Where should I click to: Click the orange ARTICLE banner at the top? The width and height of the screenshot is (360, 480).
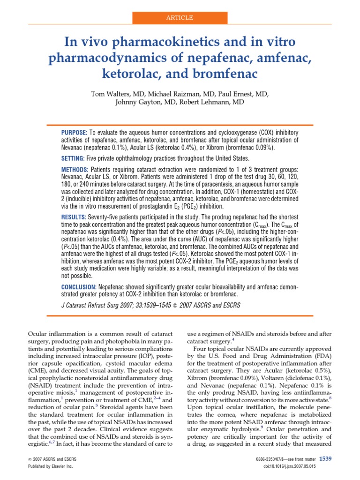coord(180,17)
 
